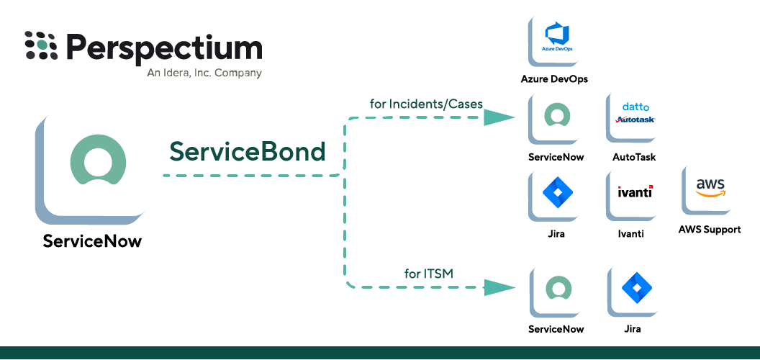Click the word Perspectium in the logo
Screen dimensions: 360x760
[x=164, y=48]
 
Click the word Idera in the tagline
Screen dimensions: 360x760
[x=176, y=73]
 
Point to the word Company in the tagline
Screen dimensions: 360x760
[x=238, y=73]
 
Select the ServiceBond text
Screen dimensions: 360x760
[x=247, y=151]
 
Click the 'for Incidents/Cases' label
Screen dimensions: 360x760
[x=426, y=104]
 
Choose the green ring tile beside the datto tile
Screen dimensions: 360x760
[x=556, y=115]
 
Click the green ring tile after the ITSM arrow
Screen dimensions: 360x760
[x=557, y=288]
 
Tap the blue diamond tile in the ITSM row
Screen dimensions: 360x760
[x=635, y=288]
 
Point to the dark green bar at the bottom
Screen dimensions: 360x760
[x=380, y=353]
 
